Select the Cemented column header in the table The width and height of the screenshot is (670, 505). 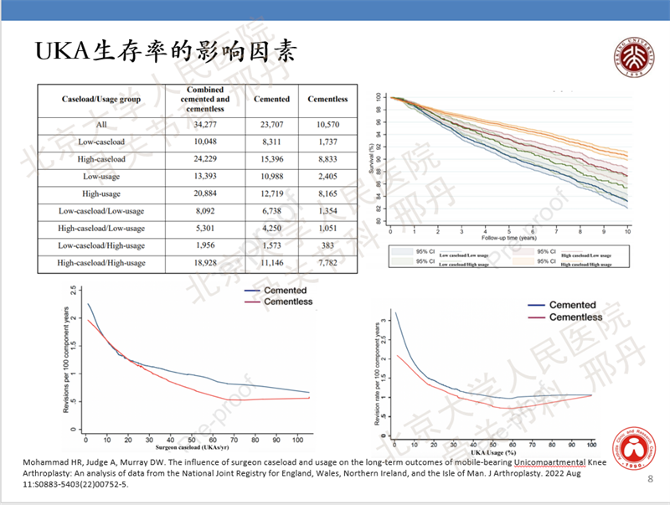pyautogui.click(x=271, y=99)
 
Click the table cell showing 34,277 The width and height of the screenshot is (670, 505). pyautogui.click(x=206, y=125)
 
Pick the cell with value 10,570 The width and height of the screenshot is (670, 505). pyautogui.click(x=327, y=125)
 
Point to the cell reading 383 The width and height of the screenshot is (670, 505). pyautogui.click(x=327, y=245)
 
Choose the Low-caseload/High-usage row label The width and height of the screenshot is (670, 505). pyautogui.click(x=101, y=245)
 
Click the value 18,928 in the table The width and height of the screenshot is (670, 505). pyautogui.click(x=206, y=262)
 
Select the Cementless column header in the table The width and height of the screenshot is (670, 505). pyautogui.click(x=327, y=99)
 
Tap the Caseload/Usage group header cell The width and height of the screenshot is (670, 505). pyautogui.click(x=101, y=99)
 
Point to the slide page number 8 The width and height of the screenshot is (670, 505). pyautogui.click(x=651, y=479)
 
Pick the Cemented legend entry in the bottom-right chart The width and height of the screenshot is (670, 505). pyautogui.click(x=572, y=305)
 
